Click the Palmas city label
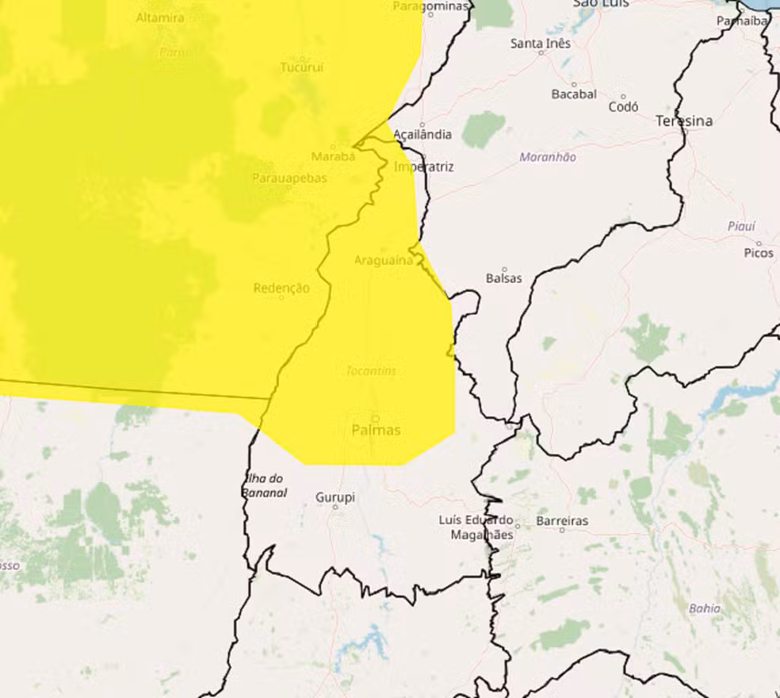[x=376, y=430]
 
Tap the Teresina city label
[x=684, y=121]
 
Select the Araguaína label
[x=384, y=260]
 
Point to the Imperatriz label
[x=424, y=167]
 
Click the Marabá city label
[x=333, y=156]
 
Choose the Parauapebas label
[x=289, y=178]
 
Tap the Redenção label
[x=281, y=289]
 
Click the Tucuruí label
[x=302, y=68]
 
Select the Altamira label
[x=160, y=17]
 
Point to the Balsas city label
[x=504, y=279]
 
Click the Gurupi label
[x=335, y=498]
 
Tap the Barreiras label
[x=563, y=521]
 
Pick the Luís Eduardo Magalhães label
[x=476, y=527]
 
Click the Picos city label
[x=759, y=253]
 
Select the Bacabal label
[x=574, y=94]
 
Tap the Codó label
[x=623, y=107]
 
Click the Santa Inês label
[x=541, y=44]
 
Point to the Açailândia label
[x=423, y=135]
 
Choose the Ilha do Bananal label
[x=265, y=485]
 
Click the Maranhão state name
[x=548, y=157]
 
